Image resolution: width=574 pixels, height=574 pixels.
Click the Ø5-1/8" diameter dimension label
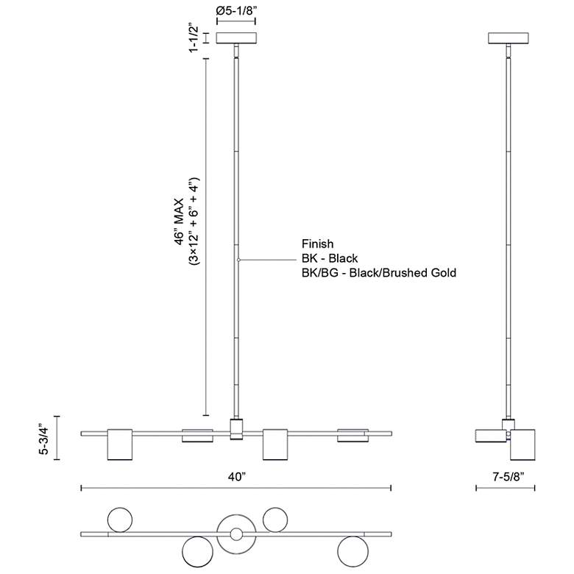coord(236,10)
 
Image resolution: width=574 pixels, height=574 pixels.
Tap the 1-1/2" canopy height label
coord(194,38)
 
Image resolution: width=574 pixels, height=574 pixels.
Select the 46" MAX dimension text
coord(180,222)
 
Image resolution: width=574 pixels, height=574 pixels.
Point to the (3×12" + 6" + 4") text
coord(194,221)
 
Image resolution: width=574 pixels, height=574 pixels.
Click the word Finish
coord(317,244)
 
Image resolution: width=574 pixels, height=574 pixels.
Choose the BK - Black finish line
coord(330,258)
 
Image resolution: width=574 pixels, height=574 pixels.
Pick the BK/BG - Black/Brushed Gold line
coord(379,273)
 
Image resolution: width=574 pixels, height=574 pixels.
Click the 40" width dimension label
coord(236,477)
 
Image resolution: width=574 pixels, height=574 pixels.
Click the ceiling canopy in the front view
coord(236,38)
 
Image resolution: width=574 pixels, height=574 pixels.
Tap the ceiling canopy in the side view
coord(508,38)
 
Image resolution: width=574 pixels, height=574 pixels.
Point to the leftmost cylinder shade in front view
coord(120,444)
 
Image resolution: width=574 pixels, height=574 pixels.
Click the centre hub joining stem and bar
coord(236,429)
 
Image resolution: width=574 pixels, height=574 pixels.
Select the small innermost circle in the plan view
coord(236,534)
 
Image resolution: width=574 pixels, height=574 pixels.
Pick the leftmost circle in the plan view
coord(120,520)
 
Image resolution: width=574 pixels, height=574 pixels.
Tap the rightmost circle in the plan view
coord(353,551)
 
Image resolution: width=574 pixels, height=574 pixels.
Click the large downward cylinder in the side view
coord(522,444)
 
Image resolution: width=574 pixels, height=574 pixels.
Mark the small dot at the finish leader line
coord(238,260)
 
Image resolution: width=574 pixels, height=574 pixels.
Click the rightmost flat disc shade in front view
coord(353,436)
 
